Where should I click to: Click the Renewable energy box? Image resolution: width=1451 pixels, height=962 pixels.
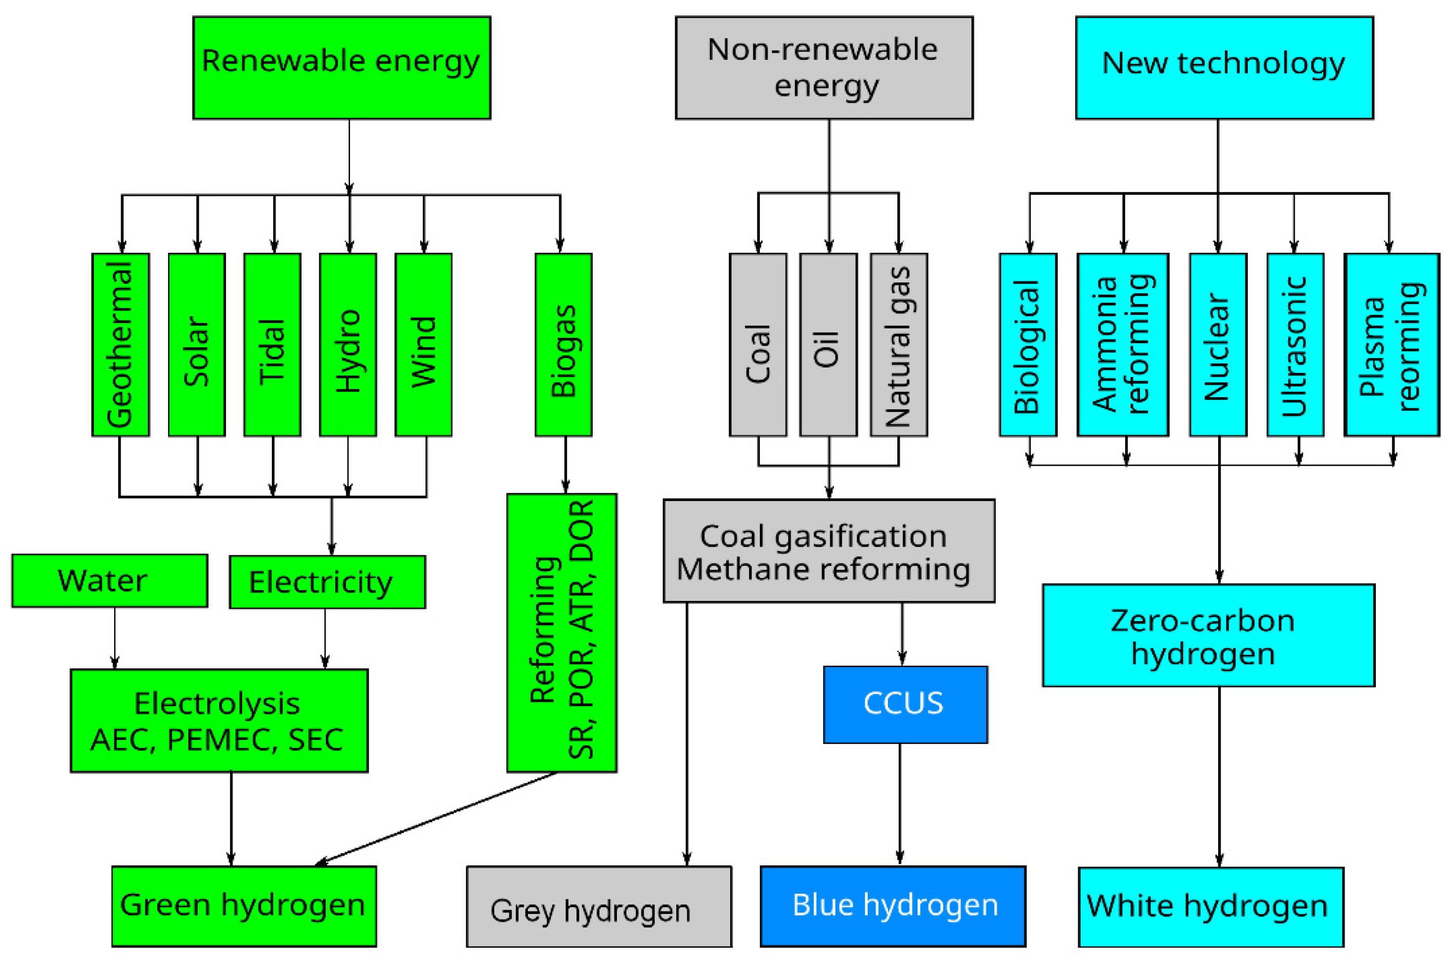342,67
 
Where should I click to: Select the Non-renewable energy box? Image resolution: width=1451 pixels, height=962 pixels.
824,67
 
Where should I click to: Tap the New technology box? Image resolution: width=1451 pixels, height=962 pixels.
1224,67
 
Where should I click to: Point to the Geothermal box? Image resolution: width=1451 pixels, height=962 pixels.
120,344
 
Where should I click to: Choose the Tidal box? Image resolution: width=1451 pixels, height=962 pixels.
272,344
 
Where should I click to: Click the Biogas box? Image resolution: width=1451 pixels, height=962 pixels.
563,344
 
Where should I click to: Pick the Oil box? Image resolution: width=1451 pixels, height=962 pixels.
828,344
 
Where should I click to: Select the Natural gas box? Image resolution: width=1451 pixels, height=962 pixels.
898,344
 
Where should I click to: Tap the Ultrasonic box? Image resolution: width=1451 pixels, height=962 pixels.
1295,344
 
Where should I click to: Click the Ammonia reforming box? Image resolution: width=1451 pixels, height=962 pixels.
1122,344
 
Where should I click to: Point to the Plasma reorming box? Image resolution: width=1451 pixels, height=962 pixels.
1391,344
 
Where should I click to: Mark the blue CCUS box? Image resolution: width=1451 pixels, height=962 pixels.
905,704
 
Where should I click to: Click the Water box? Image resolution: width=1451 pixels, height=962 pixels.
109,580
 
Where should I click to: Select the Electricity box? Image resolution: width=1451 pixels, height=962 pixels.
327,582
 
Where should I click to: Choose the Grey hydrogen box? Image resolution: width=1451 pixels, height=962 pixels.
599,906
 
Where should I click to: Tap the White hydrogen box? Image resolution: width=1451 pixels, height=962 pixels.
1211,906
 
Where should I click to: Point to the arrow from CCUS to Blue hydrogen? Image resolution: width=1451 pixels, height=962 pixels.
900,804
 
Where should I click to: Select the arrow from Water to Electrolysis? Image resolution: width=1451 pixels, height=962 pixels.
115,638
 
